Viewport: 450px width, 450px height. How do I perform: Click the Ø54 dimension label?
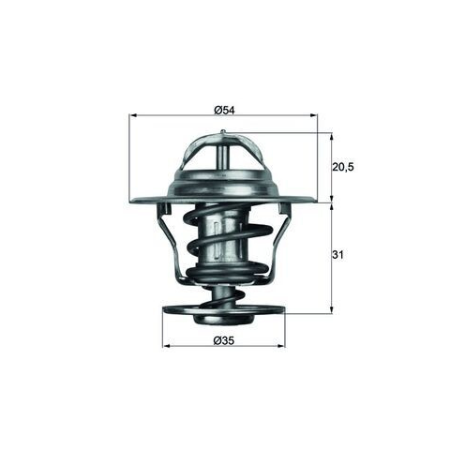click(224, 110)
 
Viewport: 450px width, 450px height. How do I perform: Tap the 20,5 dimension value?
click(342, 167)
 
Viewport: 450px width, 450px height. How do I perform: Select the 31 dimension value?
click(337, 255)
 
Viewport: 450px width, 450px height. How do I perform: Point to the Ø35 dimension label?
click(224, 340)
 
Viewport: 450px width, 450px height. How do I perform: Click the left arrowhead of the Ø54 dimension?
click(133, 115)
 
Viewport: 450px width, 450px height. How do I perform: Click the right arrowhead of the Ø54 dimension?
click(313, 115)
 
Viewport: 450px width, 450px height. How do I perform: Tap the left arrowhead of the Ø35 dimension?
click(166, 346)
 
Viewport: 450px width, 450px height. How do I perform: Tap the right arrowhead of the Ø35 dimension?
click(281, 346)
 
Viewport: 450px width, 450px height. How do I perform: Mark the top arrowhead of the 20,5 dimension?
click(332, 136)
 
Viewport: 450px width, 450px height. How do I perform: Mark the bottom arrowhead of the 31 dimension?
click(332, 309)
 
